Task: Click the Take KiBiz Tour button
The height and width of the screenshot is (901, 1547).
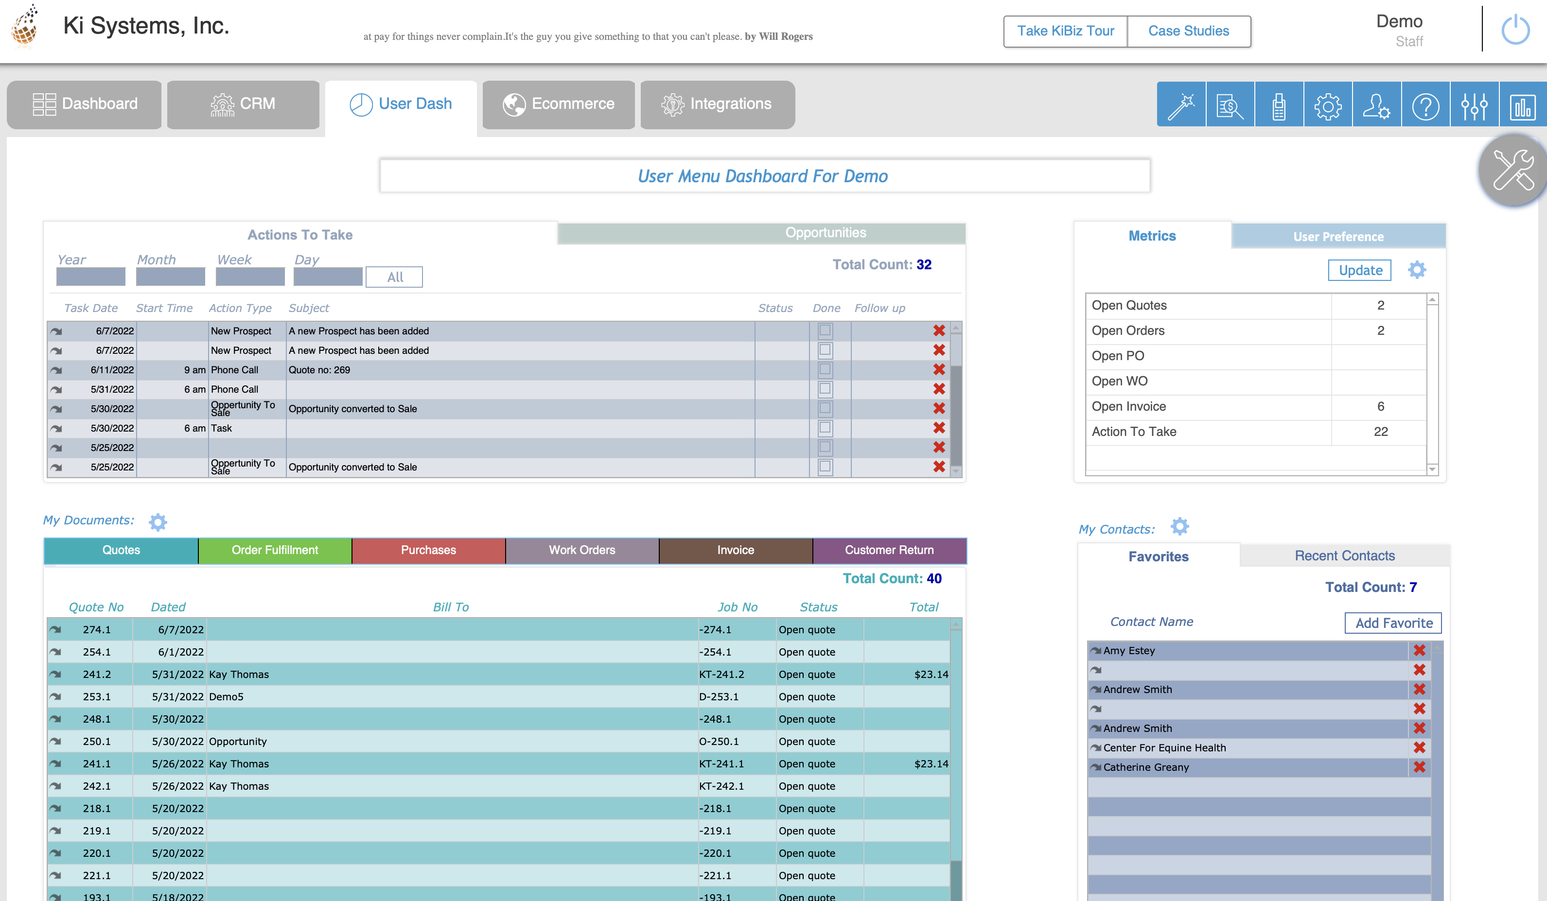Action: pyautogui.click(x=1065, y=31)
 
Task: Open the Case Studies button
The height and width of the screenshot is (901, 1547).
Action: pyautogui.click(x=1189, y=31)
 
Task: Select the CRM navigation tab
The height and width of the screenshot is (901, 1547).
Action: pyautogui.click(x=243, y=104)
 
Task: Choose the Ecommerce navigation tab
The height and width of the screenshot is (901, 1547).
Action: pyautogui.click(x=558, y=104)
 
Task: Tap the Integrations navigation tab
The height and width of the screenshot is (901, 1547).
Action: pyautogui.click(x=717, y=104)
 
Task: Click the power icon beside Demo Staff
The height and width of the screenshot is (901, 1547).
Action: pyautogui.click(x=1514, y=30)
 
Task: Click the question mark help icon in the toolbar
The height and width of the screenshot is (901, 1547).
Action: pyautogui.click(x=1425, y=106)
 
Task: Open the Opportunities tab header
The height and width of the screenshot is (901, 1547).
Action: pyautogui.click(x=825, y=233)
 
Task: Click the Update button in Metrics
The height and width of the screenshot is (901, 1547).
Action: pyautogui.click(x=1360, y=271)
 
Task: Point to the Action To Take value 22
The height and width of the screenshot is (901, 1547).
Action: pyautogui.click(x=1380, y=432)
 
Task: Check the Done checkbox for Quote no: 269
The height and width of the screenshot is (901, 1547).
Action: pyautogui.click(x=825, y=369)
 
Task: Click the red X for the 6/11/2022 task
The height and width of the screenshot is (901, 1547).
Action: pyautogui.click(x=939, y=369)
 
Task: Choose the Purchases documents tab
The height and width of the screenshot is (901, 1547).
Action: pyautogui.click(x=428, y=551)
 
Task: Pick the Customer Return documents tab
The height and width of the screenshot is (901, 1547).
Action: pyautogui.click(x=888, y=551)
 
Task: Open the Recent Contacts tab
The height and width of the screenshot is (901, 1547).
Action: pyautogui.click(x=1344, y=556)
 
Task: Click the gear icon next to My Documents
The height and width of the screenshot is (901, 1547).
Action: pyautogui.click(x=158, y=522)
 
